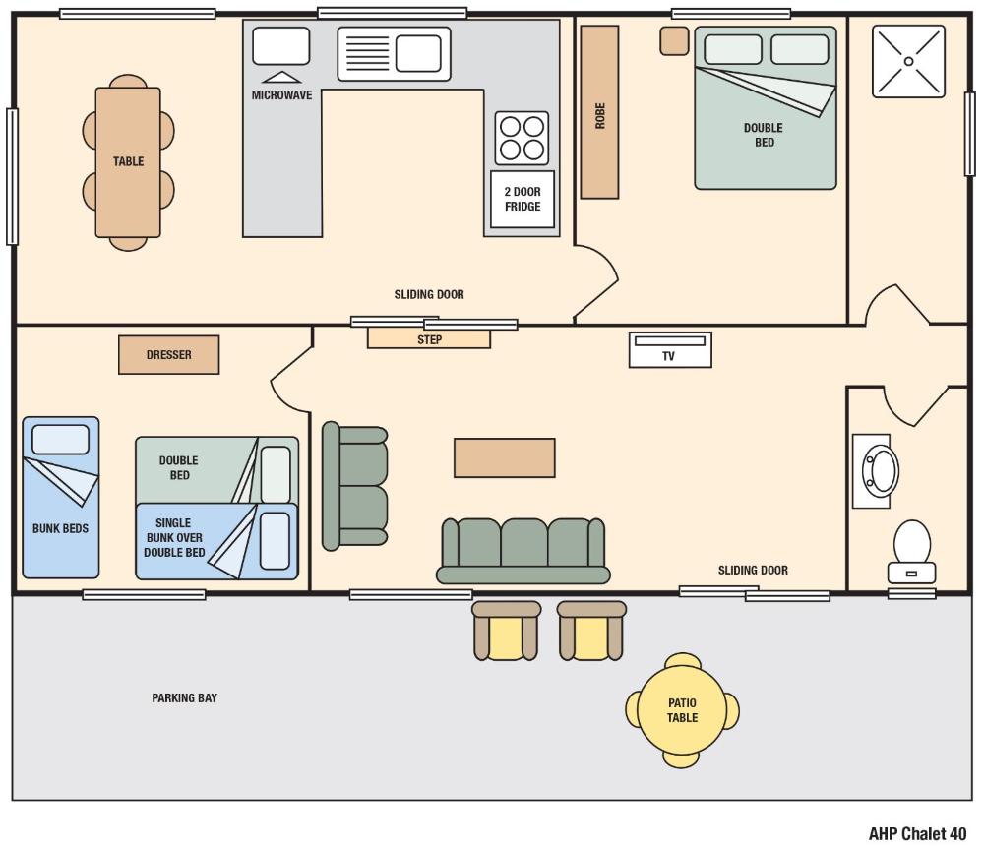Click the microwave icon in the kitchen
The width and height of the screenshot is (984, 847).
(281, 46)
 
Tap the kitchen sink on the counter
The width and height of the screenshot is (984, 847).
(393, 53)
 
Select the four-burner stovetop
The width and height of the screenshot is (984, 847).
(522, 138)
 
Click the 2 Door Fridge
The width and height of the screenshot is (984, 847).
(522, 200)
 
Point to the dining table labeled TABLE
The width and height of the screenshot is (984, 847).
(128, 162)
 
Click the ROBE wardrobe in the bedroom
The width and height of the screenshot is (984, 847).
(599, 112)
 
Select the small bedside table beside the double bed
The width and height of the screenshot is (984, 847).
(674, 40)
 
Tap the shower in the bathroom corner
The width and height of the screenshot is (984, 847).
(908, 61)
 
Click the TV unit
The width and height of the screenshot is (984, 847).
(669, 349)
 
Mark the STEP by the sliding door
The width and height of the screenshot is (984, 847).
(429, 339)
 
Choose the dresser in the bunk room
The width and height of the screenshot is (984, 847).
(168, 355)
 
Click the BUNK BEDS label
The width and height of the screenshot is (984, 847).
(60, 528)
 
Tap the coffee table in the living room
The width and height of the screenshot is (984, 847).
(504, 457)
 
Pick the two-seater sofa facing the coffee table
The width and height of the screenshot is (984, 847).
(355, 486)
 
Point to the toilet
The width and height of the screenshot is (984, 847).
(911, 551)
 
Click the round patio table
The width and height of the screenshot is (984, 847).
(682, 710)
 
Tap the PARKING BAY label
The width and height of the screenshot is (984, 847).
(184, 698)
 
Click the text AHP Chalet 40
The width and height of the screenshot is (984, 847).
(917, 834)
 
